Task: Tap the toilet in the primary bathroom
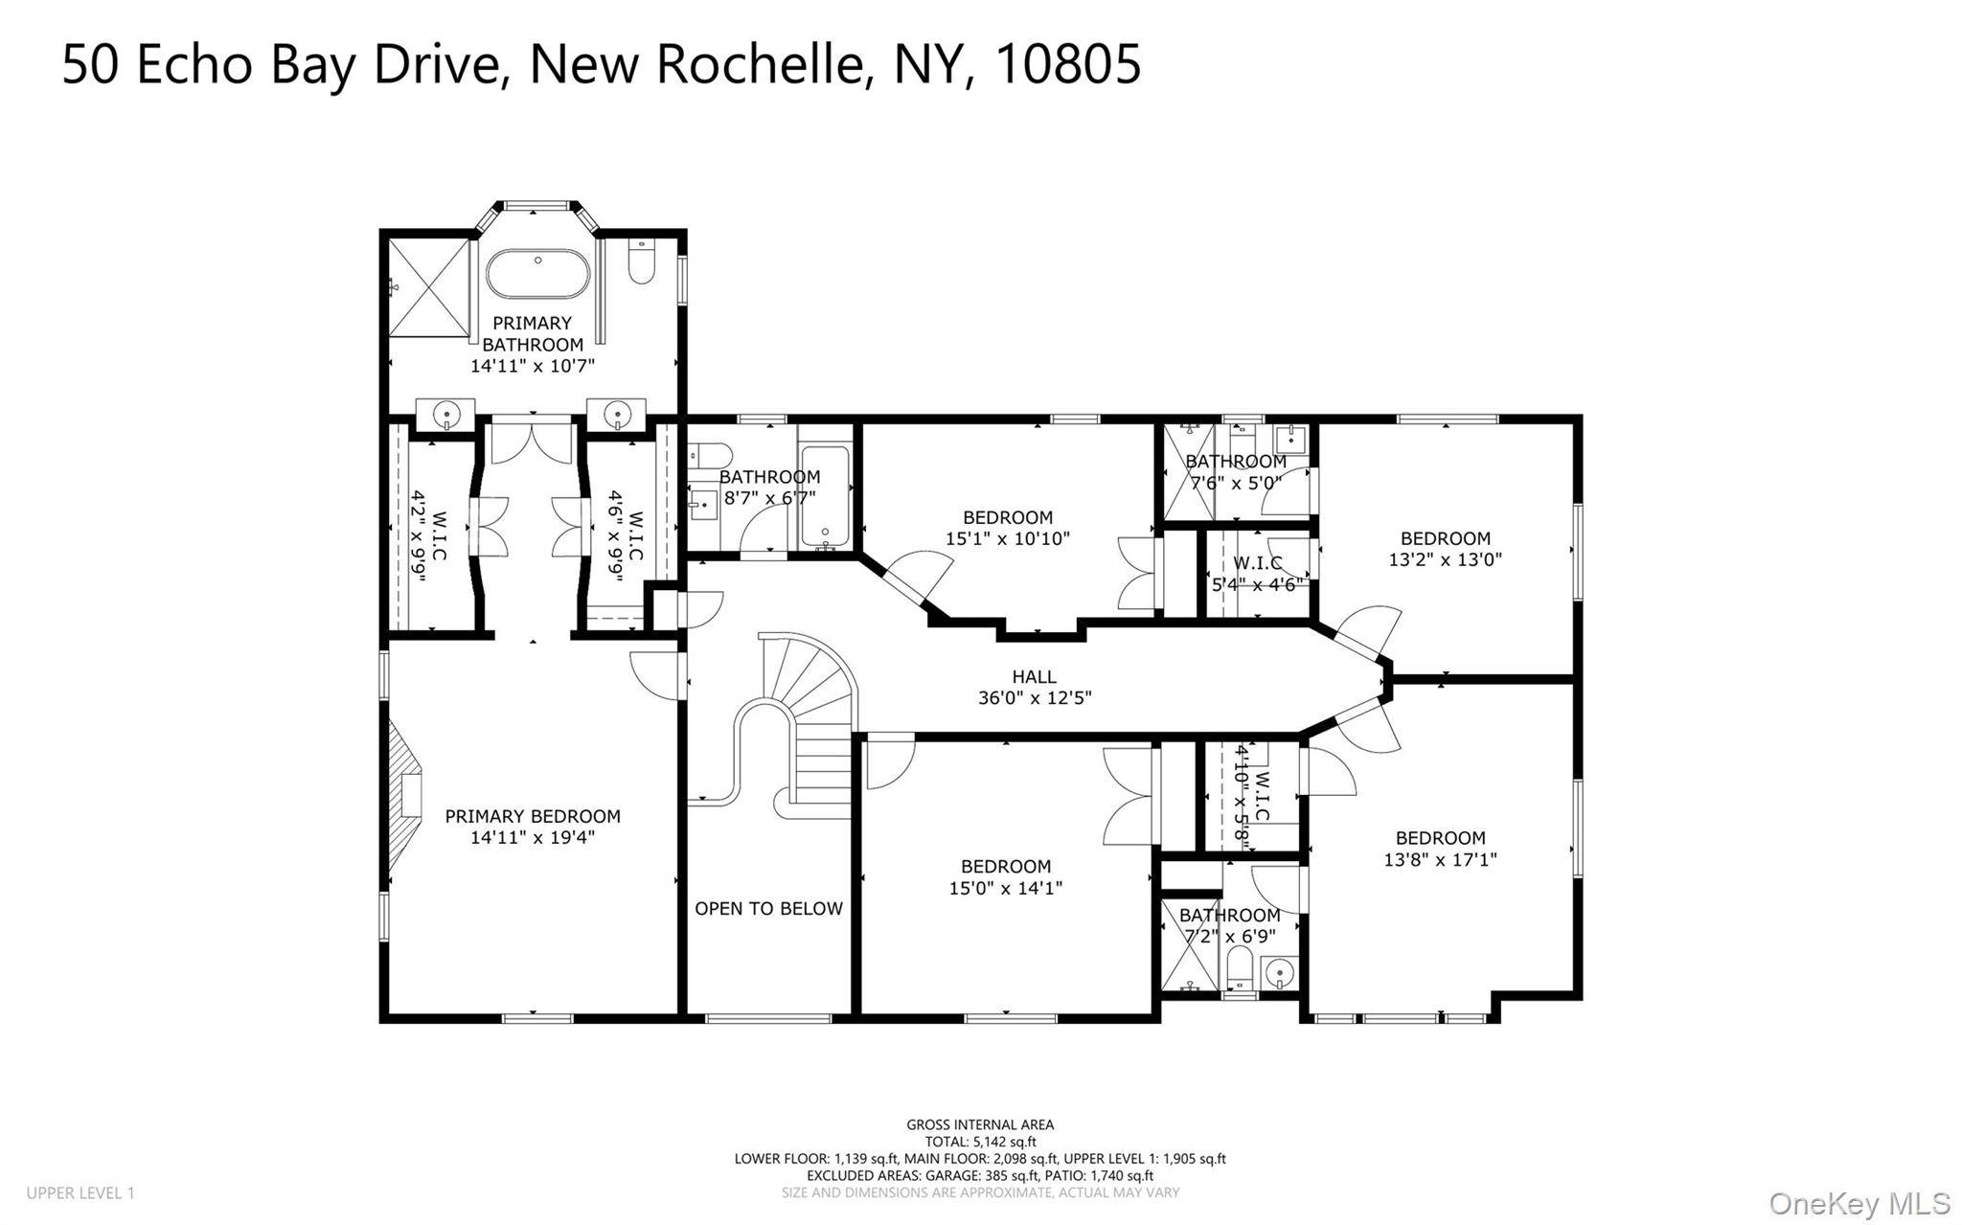coord(642,261)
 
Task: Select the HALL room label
coord(1035,677)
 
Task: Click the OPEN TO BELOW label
coord(768,909)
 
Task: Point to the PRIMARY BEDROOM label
coord(533,817)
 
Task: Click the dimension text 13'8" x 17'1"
coord(1440,860)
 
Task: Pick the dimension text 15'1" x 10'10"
coord(1007,539)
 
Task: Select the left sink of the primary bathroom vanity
coord(447,415)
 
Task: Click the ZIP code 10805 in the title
coord(1068,64)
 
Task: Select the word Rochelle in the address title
coord(758,64)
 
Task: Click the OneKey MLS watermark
coord(1859,1203)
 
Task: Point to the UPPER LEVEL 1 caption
coord(80,1193)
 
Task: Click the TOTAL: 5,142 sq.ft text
coord(980,1142)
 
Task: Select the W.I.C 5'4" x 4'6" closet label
coord(1257,574)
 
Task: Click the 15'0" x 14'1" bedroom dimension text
coord(1006,889)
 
